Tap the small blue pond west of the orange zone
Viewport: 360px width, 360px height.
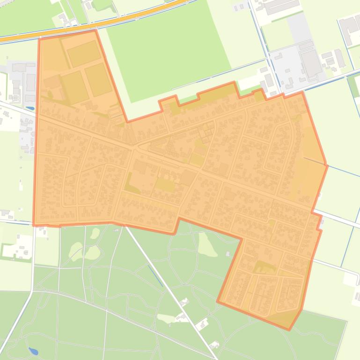point(30,108)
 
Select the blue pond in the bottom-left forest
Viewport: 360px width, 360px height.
point(33,350)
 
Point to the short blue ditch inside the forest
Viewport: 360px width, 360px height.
point(156,276)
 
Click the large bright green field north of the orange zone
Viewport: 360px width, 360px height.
point(169,51)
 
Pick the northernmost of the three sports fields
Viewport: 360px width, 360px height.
point(84,54)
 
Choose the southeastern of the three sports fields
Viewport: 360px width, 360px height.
point(98,79)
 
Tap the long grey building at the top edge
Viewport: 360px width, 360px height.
point(281,6)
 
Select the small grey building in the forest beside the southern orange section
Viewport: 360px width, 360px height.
point(228,254)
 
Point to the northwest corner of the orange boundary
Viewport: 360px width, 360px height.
point(39,39)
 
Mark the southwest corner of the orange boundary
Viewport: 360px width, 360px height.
point(34,225)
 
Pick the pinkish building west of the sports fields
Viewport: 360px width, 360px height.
point(52,83)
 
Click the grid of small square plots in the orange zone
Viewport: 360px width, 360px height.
point(205,134)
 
